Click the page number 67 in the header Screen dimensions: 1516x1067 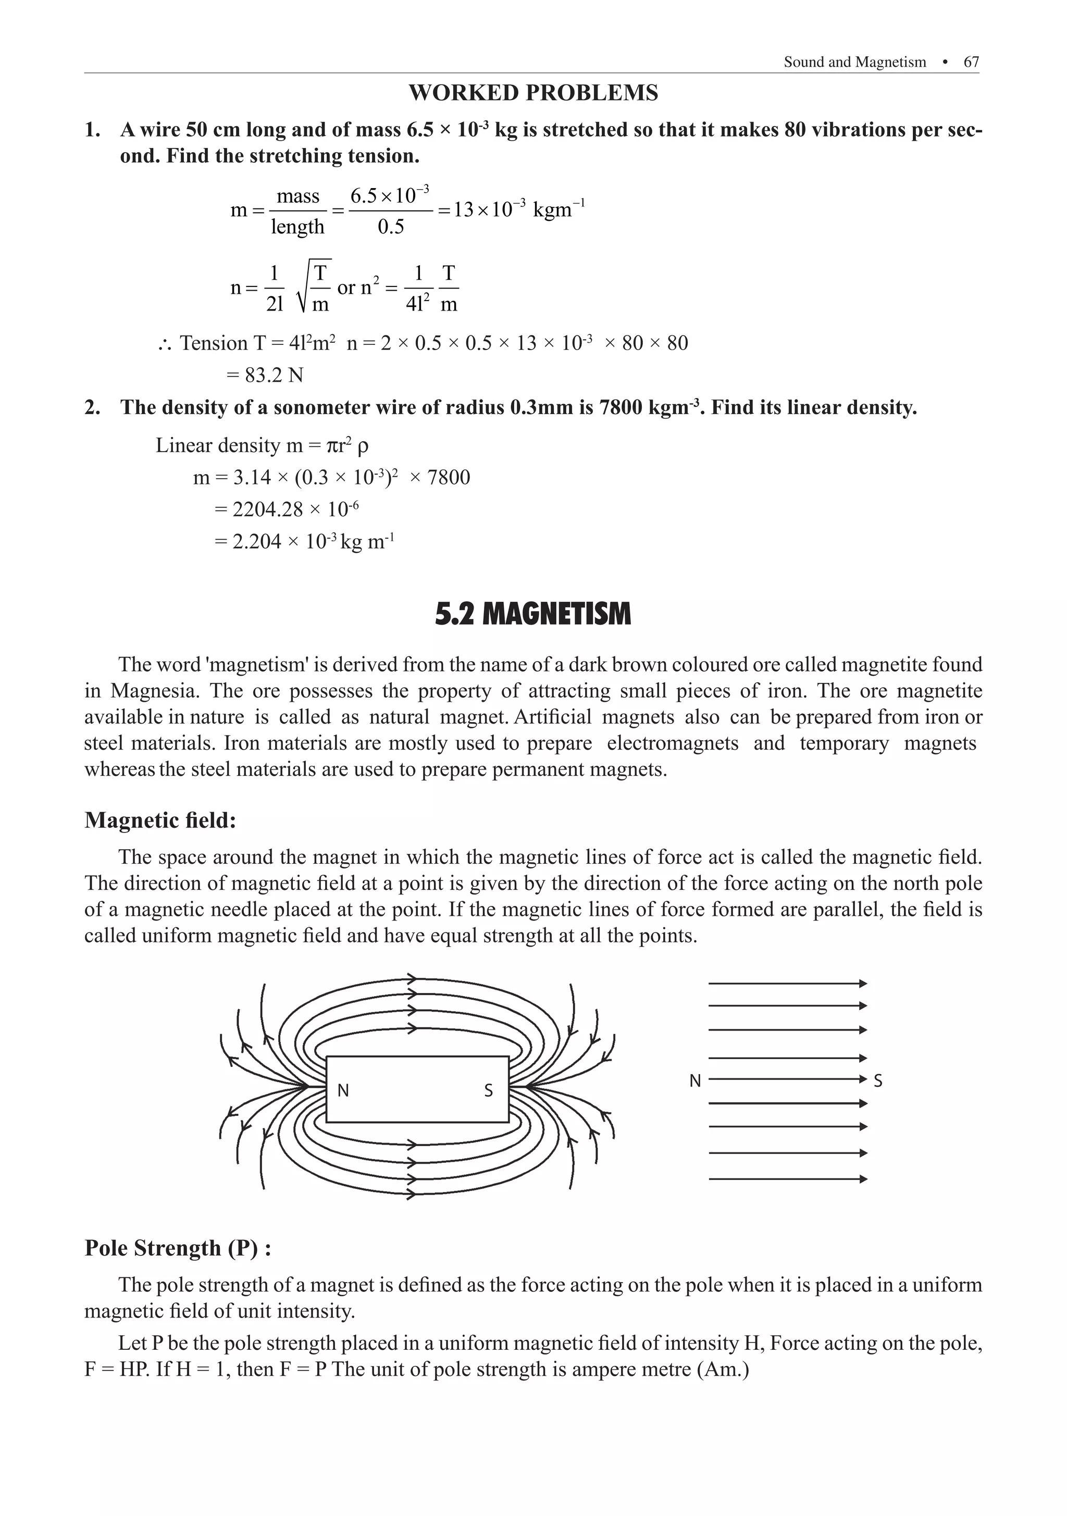[971, 62]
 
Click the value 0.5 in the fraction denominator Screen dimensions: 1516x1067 [390, 227]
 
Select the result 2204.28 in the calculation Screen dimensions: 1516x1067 [267, 509]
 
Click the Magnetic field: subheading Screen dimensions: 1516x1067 [160, 820]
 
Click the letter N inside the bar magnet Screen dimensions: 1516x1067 [343, 1091]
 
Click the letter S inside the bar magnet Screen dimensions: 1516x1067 [488, 1091]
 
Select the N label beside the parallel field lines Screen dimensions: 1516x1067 [694, 1081]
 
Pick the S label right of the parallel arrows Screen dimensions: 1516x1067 [877, 1081]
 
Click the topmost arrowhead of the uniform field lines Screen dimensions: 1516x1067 [862, 984]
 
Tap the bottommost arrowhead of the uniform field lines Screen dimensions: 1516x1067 [862, 1178]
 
